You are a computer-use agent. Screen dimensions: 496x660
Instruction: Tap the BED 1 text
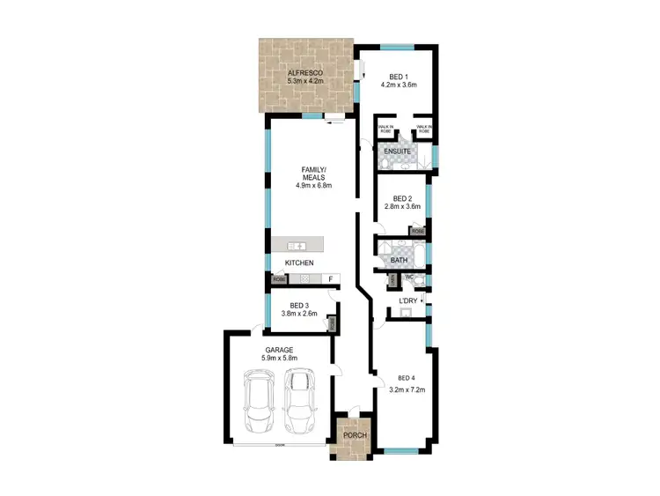click(x=398, y=76)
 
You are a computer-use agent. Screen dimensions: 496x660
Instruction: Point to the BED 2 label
click(x=402, y=198)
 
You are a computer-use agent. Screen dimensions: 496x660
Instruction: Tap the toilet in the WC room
click(x=419, y=280)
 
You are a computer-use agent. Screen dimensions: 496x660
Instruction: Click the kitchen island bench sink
click(x=299, y=246)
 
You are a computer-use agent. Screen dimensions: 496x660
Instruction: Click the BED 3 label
click(x=299, y=306)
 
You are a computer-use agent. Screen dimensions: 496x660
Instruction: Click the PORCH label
click(x=355, y=436)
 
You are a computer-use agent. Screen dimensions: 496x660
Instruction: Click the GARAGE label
click(x=280, y=350)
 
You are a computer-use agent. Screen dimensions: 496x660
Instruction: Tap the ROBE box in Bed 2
click(x=418, y=232)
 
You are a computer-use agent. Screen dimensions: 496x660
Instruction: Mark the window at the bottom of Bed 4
click(x=404, y=452)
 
